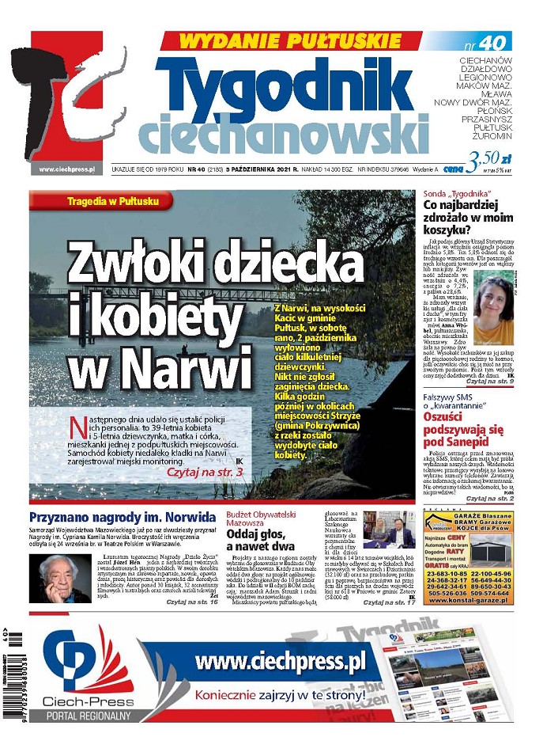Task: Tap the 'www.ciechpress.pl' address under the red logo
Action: pyautogui.click(x=66, y=169)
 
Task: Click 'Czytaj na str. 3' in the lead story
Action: pyautogui.click(x=205, y=472)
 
